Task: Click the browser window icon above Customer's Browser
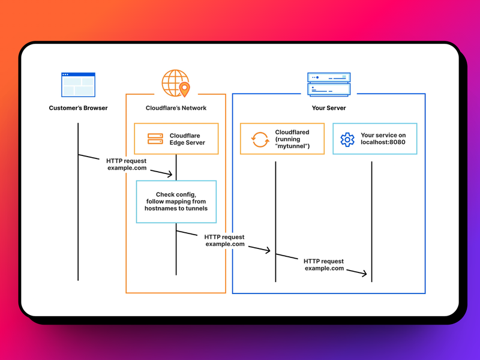[78, 85]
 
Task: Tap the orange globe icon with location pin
[175, 83]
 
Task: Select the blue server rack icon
[328, 85]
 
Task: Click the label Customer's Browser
[78, 108]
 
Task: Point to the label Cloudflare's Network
[176, 108]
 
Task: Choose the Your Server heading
[328, 108]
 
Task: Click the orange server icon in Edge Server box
[155, 139]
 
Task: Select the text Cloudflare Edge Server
[187, 139]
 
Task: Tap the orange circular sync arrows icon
[260, 139]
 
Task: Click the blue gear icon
[347, 139]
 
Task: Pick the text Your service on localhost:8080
[383, 139]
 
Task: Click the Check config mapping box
[176, 202]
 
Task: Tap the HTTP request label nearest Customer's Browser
[127, 164]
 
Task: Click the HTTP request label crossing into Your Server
[224, 241]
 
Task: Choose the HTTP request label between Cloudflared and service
[324, 265]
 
